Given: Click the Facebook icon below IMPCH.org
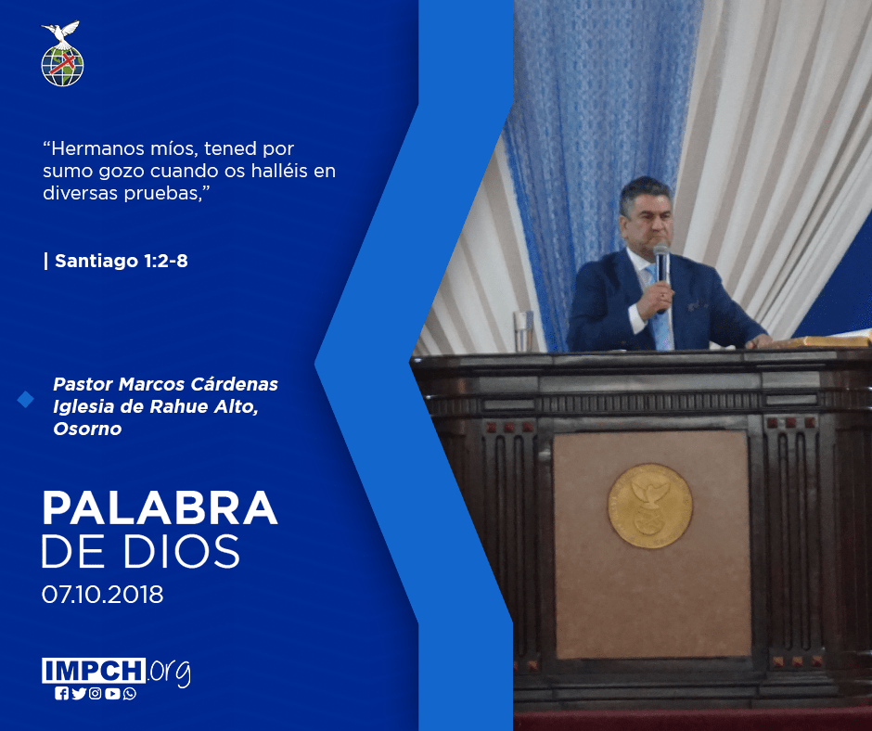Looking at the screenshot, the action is pyautogui.click(x=61, y=693).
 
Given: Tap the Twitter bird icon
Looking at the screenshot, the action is pyautogui.click(x=79, y=693).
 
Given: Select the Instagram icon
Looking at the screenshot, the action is pyautogui.click(x=96, y=693).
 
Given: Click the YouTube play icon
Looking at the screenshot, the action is pyautogui.click(x=112, y=693).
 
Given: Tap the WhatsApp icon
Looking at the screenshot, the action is pyautogui.click(x=130, y=693).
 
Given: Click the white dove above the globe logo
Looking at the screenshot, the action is pyautogui.click(x=61, y=33).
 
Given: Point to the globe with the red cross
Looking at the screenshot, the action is pyautogui.click(x=62, y=66).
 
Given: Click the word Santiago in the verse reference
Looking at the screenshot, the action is pyautogui.click(x=96, y=261).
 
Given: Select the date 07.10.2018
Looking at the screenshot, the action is pyautogui.click(x=102, y=594).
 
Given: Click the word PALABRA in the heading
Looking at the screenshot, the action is pyautogui.click(x=160, y=507).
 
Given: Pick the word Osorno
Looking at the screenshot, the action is pyautogui.click(x=87, y=429).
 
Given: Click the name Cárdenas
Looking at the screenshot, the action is pyautogui.click(x=235, y=384).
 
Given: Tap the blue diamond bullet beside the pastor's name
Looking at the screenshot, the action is pyautogui.click(x=26, y=399).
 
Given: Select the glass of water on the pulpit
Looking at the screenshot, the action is pyautogui.click(x=523, y=331).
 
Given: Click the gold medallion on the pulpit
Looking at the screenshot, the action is pyautogui.click(x=649, y=506).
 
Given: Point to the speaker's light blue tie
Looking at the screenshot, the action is pyautogui.click(x=658, y=309).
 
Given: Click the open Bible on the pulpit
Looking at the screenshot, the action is pyautogui.click(x=823, y=339).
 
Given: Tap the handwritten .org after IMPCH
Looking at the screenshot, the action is pyautogui.click(x=169, y=672).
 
